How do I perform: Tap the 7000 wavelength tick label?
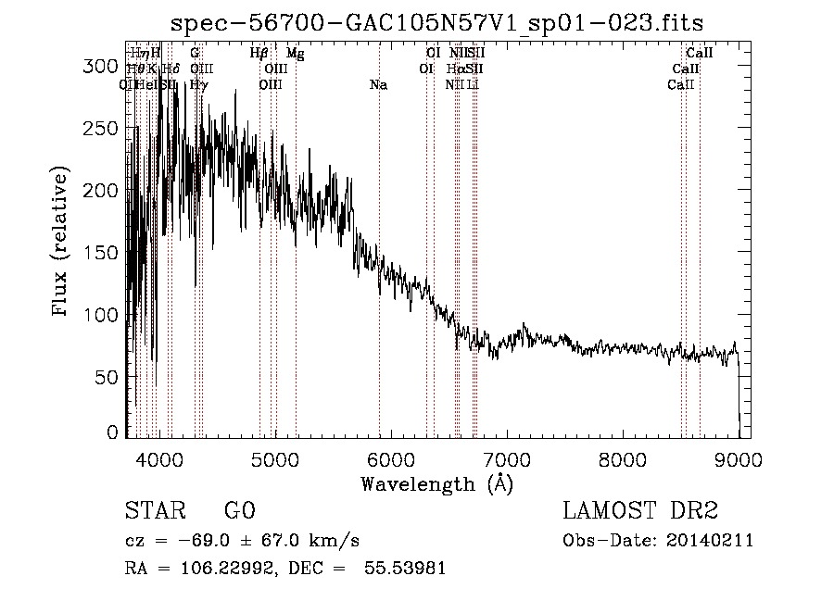(x=507, y=460)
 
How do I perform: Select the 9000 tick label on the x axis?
(x=739, y=460)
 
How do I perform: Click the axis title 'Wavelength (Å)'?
(x=436, y=483)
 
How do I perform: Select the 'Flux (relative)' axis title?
(x=62, y=243)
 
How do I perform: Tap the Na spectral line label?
(x=378, y=85)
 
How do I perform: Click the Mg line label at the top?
(x=295, y=54)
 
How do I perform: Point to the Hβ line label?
(x=259, y=54)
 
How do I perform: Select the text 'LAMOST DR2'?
(x=640, y=511)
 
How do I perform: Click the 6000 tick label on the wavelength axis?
(x=391, y=460)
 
